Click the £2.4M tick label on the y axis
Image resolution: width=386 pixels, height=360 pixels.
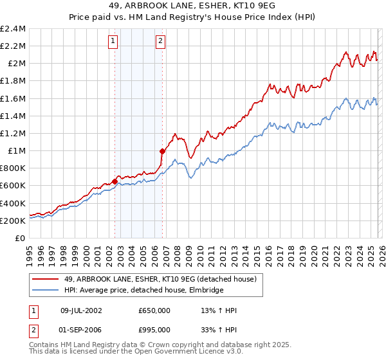click(13, 29)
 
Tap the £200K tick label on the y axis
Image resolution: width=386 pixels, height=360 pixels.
click(13, 221)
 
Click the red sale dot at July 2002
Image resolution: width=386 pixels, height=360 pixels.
click(115, 181)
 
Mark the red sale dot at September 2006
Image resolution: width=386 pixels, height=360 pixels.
click(162, 151)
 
